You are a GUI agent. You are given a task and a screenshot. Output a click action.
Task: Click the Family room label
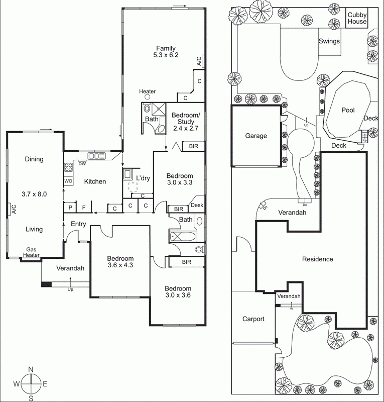tap(166, 48)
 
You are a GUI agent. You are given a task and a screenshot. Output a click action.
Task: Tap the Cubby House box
tap(357, 18)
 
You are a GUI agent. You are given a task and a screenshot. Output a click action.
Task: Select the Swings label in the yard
tap(329, 41)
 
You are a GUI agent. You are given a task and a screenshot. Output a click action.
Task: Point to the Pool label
tap(348, 110)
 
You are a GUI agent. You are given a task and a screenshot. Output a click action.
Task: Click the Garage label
tap(256, 136)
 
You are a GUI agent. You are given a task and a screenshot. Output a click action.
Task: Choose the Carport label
tap(253, 319)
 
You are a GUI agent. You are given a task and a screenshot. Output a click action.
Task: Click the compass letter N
tap(31, 369)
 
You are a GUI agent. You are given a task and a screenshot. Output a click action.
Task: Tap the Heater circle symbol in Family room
tap(147, 96)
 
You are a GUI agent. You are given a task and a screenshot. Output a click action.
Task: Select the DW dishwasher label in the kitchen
tap(82, 164)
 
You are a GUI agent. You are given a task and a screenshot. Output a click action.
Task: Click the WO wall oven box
tap(68, 181)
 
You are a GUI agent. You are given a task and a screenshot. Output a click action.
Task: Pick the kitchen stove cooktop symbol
tap(68, 167)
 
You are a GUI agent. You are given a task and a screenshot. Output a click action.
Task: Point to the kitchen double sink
tap(96, 156)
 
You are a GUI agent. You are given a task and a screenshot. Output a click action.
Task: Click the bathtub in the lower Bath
tap(183, 236)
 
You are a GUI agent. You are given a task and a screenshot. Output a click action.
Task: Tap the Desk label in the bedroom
tap(197, 205)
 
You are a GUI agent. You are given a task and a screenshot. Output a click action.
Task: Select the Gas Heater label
tap(31, 252)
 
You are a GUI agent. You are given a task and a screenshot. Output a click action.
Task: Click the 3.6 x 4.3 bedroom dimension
tap(120, 265)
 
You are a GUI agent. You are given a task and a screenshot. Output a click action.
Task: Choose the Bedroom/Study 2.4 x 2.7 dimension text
tap(186, 128)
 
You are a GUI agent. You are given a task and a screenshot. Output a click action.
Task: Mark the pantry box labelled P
tap(70, 208)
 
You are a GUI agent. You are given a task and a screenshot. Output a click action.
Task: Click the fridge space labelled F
tap(84, 208)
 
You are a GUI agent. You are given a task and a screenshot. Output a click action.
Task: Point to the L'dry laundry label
tap(143, 178)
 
